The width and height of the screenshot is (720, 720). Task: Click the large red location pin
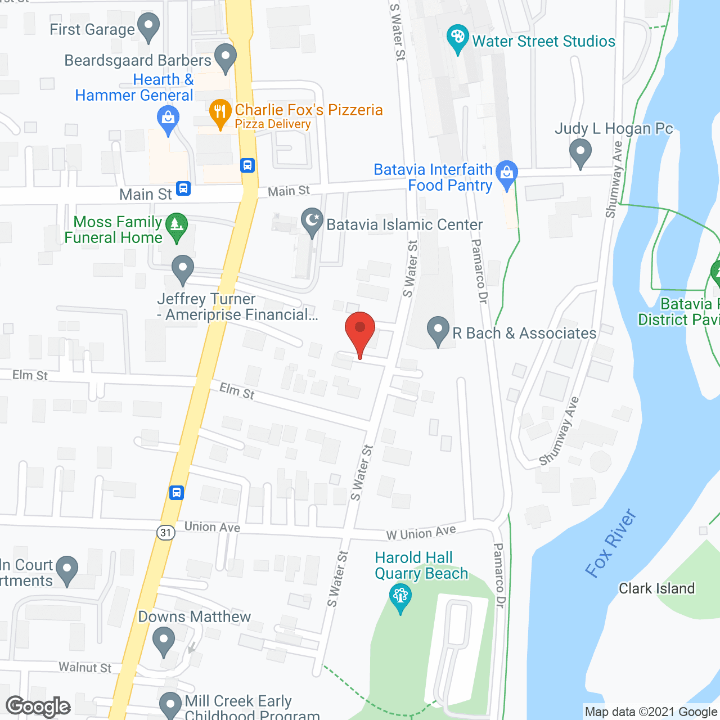point(359,332)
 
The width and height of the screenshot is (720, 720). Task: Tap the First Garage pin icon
point(148,26)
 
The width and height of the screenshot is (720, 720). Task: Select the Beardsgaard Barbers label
point(138,60)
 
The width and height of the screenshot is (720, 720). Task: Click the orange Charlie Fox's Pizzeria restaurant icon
point(220,113)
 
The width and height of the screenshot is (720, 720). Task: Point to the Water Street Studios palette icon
point(457,38)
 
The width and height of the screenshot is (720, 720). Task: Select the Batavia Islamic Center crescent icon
point(312,222)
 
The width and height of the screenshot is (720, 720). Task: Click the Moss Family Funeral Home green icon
point(177,227)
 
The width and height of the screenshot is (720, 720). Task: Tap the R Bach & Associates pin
point(438,330)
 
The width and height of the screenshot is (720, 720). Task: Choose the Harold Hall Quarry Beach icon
point(400,597)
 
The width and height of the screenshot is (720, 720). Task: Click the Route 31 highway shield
point(165,532)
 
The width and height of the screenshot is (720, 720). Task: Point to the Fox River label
point(611,543)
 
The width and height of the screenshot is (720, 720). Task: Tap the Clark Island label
point(656,588)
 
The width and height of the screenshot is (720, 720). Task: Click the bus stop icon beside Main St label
point(183,188)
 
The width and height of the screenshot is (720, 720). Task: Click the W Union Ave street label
point(421,532)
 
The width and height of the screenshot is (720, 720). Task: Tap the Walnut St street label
point(85,668)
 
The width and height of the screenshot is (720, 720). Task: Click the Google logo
point(38,706)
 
